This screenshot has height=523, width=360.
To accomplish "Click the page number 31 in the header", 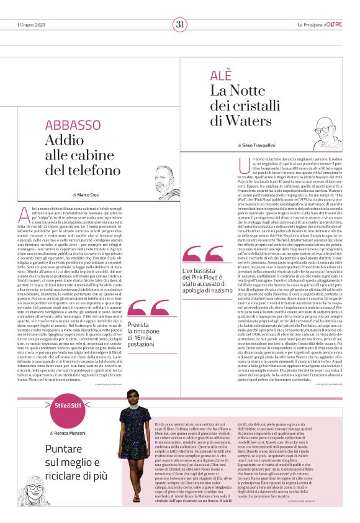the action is tap(180, 25).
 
